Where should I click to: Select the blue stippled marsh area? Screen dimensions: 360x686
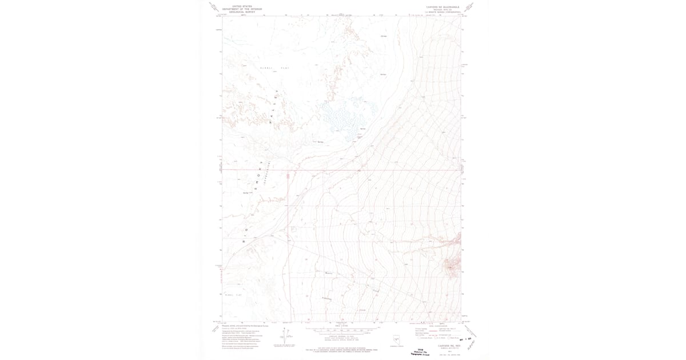tap(343, 114)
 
